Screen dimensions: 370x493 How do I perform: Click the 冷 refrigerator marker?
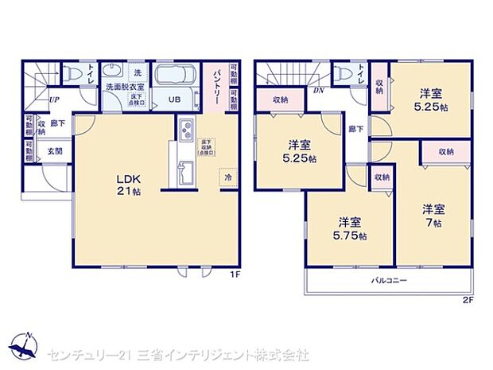coord(229,177)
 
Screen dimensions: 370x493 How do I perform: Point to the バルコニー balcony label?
coord(389,281)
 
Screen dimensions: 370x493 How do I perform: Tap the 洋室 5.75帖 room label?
coord(351,229)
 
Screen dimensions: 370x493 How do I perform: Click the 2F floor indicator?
coord(468,300)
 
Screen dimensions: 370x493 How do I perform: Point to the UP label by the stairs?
coord(53,99)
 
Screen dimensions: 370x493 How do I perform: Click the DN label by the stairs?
coord(318,89)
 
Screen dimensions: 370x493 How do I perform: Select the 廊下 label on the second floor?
coord(354,127)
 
